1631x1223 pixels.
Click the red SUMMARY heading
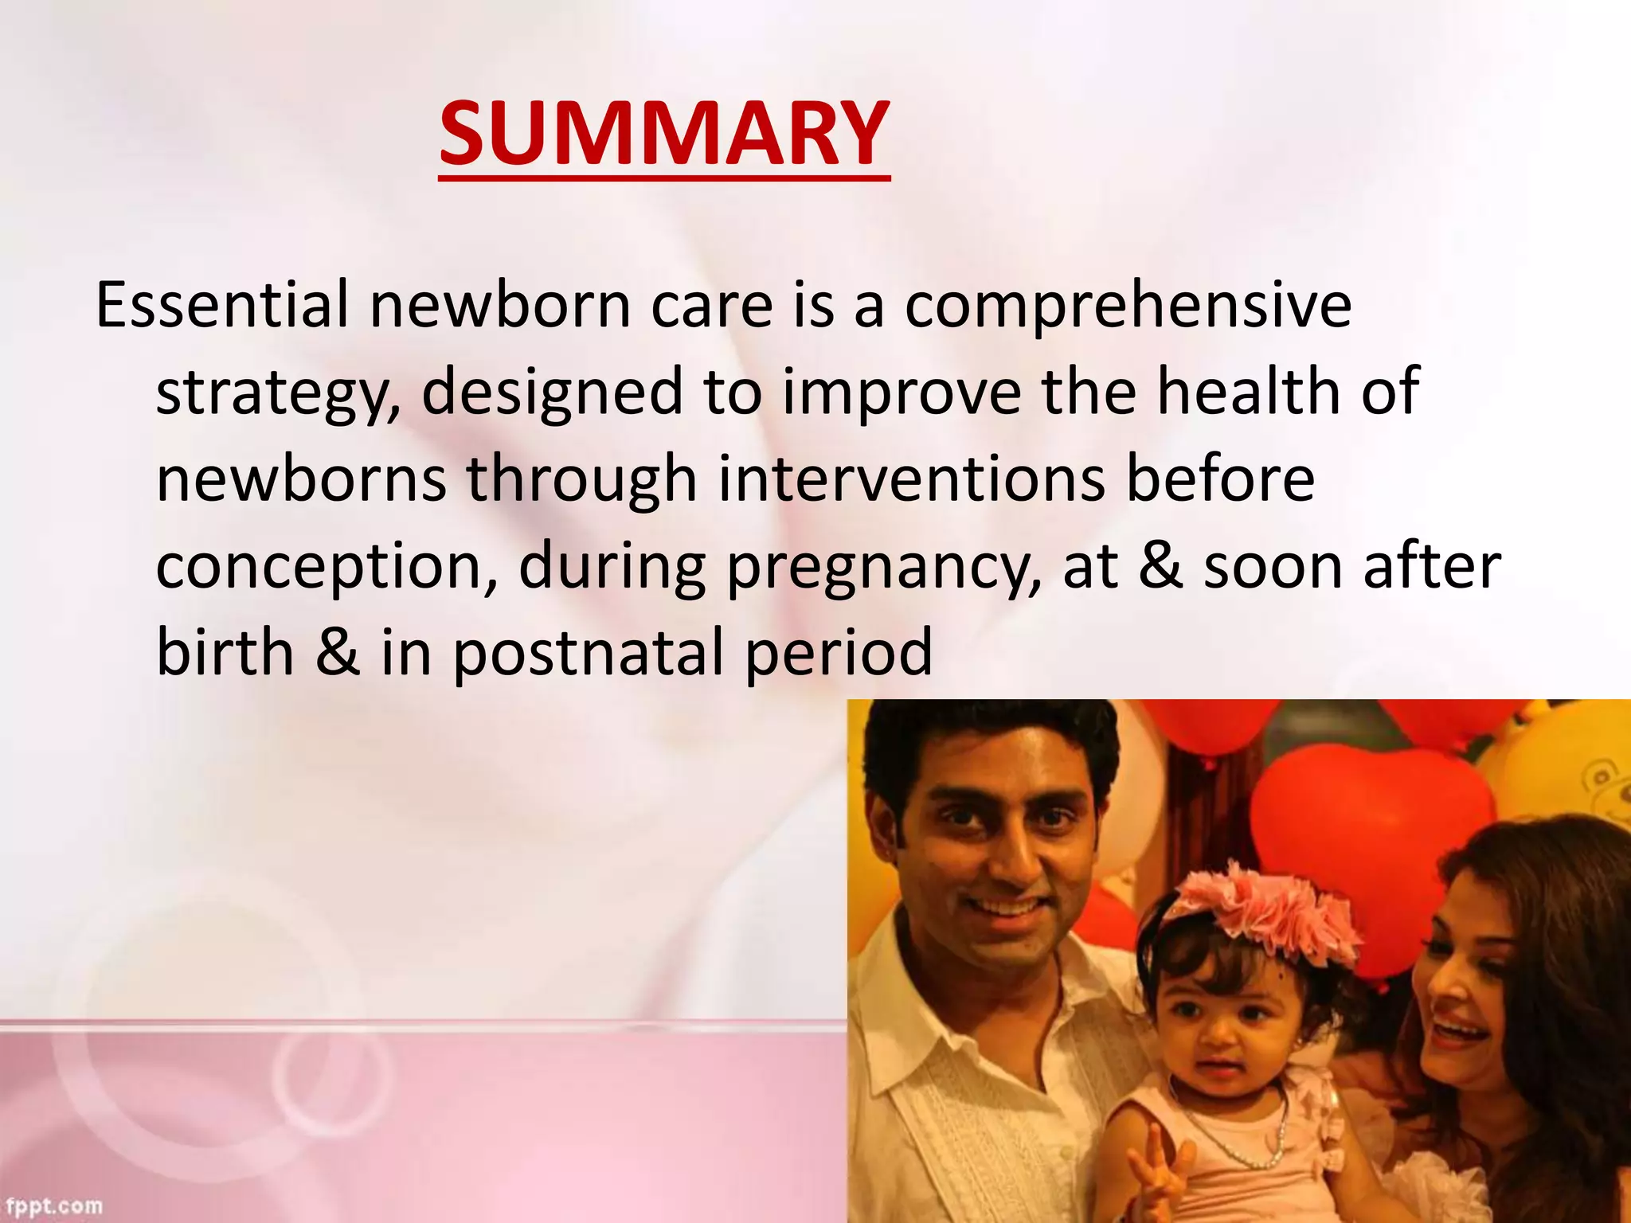tap(663, 134)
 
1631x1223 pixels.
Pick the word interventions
tap(912, 479)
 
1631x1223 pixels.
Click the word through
tap(581, 481)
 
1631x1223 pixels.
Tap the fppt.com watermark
tap(52, 1205)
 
